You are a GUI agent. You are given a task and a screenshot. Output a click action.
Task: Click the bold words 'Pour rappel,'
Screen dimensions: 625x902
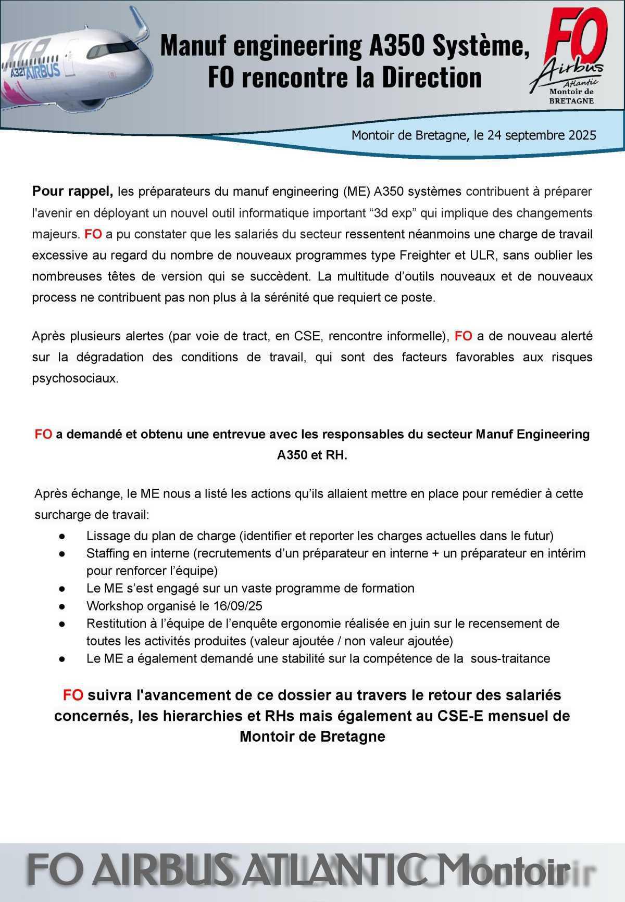point(72,192)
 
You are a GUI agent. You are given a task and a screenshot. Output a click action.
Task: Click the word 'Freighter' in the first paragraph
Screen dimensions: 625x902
point(422,256)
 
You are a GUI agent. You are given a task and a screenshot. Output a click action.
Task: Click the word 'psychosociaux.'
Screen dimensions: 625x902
point(75,378)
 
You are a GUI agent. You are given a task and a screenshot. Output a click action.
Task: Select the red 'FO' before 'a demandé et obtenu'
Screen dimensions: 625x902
point(43,434)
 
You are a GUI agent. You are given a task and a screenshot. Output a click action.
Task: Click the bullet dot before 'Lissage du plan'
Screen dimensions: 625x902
point(61,536)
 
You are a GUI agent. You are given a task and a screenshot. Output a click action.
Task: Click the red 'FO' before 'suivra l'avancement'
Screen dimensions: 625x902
point(73,695)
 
